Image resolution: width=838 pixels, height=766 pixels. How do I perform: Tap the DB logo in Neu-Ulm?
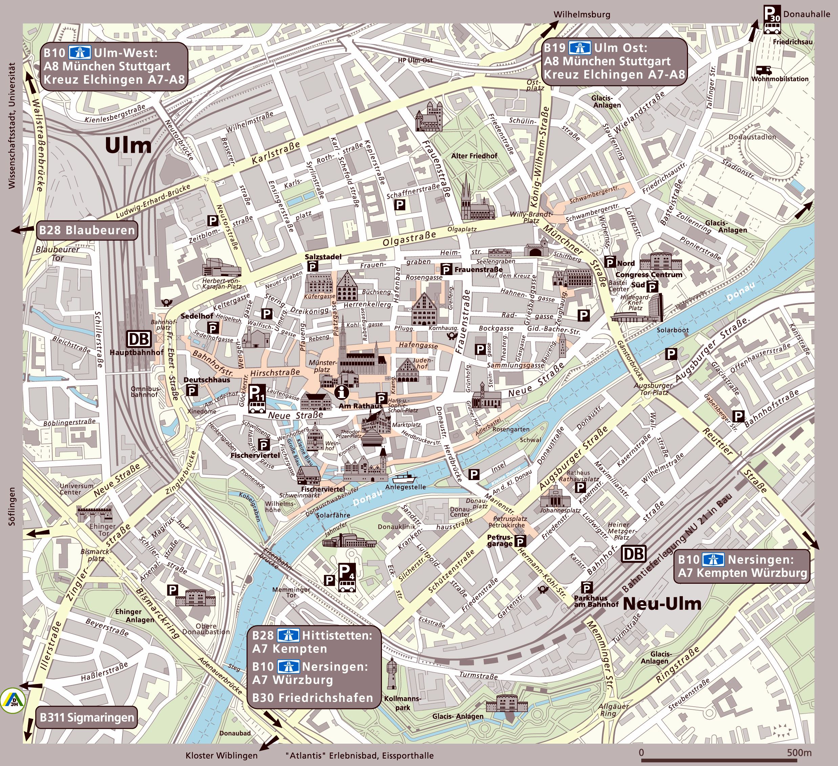(633, 554)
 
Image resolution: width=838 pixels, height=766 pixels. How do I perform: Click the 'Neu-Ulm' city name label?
(662, 603)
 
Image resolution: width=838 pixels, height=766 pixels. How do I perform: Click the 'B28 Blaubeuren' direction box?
(87, 230)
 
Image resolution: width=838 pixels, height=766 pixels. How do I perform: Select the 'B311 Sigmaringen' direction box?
(86, 717)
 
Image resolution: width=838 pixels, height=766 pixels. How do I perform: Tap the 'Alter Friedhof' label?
(474, 156)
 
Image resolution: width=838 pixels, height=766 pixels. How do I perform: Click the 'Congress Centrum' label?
(648, 274)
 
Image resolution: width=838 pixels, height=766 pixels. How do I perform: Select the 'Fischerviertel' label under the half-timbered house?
(323, 489)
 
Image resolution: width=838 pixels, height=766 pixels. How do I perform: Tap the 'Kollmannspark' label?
(402, 703)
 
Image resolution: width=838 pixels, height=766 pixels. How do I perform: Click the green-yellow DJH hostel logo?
(13, 701)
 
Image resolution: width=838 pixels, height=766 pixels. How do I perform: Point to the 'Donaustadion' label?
(752, 137)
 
